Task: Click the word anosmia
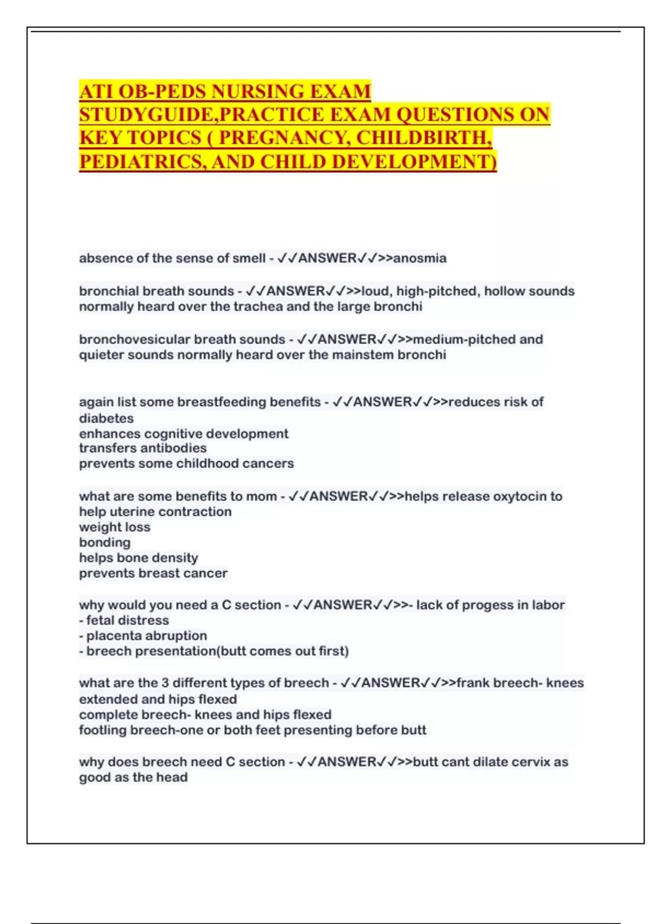[419, 258]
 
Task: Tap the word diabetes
[106, 419]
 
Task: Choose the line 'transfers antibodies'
[143, 448]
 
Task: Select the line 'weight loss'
[115, 527]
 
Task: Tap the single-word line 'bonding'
[105, 542]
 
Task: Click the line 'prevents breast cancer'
[153, 573]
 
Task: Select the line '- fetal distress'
[124, 620]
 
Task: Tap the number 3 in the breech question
[165, 683]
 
